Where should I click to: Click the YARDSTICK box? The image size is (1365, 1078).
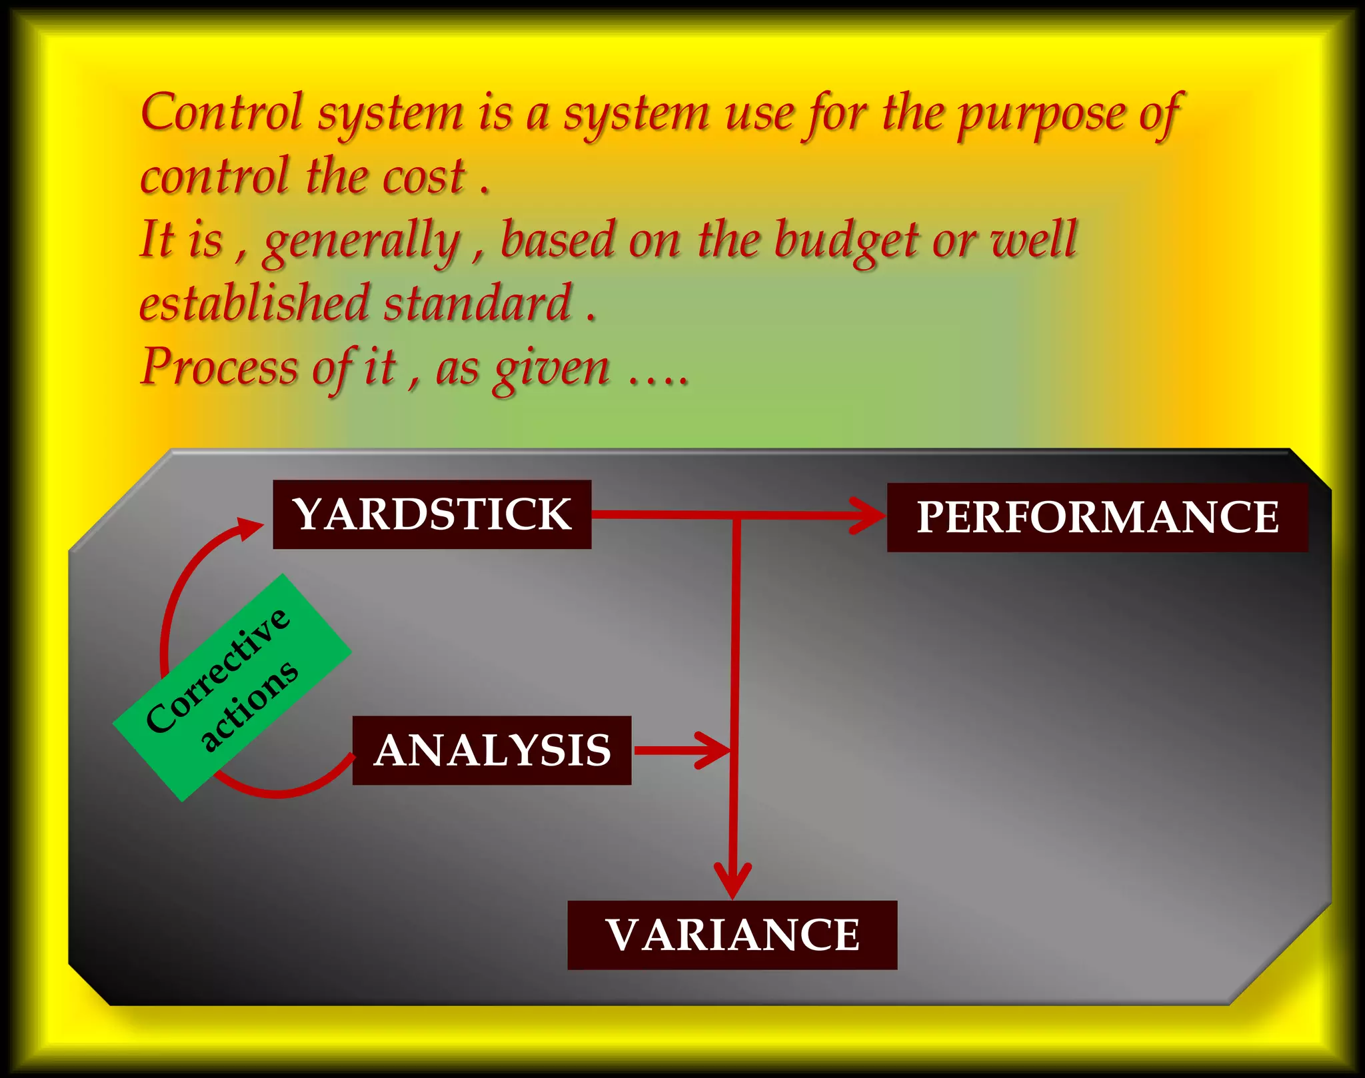pyautogui.click(x=432, y=514)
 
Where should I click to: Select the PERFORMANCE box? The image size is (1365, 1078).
pyautogui.click(x=1097, y=518)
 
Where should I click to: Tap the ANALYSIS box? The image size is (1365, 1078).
pyautogui.click(x=492, y=750)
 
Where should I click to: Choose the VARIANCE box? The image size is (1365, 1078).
pyautogui.click(x=732, y=935)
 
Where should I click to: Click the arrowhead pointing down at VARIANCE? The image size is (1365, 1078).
pyautogui.click(x=732, y=881)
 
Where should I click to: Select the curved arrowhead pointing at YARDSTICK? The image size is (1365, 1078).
pyautogui.click(x=250, y=528)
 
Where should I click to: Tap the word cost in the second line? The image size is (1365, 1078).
pyautogui.click(x=423, y=177)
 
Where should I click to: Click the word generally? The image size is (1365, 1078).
pyautogui.click(x=362, y=241)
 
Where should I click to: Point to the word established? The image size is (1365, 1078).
pyautogui.click(x=254, y=303)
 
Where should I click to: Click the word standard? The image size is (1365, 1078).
pyautogui.click(x=477, y=303)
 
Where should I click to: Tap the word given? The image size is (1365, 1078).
pyautogui.click(x=551, y=370)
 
